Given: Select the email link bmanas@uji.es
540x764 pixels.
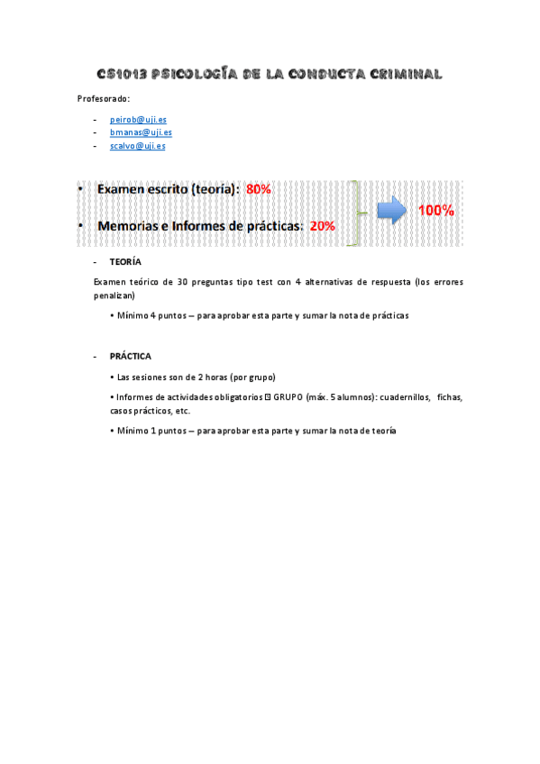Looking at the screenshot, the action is pyautogui.click(x=141, y=132).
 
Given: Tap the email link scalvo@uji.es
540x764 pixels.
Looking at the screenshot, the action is pyautogui.click(x=137, y=145).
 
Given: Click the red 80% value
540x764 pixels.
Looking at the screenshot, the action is pyautogui.click(x=259, y=189).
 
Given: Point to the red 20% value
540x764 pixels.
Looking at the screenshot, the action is pyautogui.click(x=322, y=226).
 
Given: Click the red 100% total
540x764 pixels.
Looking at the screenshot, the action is pyautogui.click(x=435, y=211).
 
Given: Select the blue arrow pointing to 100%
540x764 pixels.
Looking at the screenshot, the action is pyautogui.click(x=391, y=211).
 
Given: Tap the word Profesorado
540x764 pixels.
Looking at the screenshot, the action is pyautogui.click(x=104, y=98).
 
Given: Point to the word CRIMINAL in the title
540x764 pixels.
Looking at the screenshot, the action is pyautogui.click(x=402, y=74).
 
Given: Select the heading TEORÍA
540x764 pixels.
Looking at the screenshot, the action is pyautogui.click(x=124, y=261).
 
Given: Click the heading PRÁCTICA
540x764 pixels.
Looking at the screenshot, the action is pyautogui.click(x=130, y=356).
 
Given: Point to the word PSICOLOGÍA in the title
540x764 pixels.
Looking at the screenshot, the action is pyautogui.click(x=195, y=74).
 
